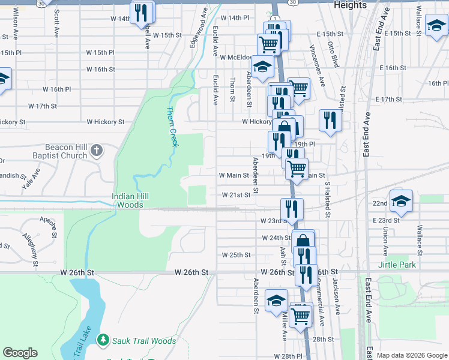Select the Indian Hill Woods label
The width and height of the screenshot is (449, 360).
pos(130,200)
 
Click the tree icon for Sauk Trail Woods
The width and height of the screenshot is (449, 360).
pos(103,340)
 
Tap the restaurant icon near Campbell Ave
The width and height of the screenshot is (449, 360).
pos(142,13)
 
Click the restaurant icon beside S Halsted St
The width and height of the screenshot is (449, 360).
pos(330,119)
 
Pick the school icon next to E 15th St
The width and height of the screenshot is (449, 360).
pos(435,25)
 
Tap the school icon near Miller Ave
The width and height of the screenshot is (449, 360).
pos(276,300)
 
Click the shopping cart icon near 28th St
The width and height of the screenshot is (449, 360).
pos(301,314)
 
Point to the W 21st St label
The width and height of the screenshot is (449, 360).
pos(235,195)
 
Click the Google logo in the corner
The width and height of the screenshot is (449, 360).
pos(20,353)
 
